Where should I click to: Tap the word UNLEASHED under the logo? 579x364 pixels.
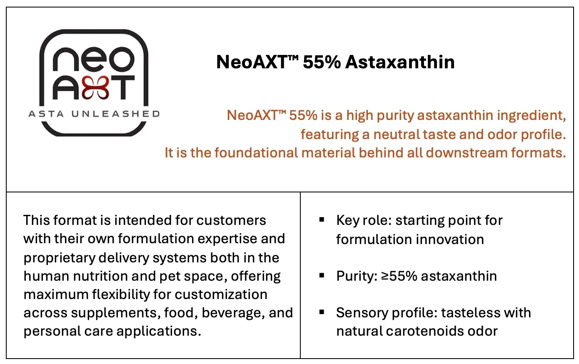[x=115, y=114]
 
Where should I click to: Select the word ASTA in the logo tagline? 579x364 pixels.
[x=46, y=114]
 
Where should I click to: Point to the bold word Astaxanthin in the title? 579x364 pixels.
[x=400, y=62]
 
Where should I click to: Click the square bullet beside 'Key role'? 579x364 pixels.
[x=322, y=219]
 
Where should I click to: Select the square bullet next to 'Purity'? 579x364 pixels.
[x=322, y=275]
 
